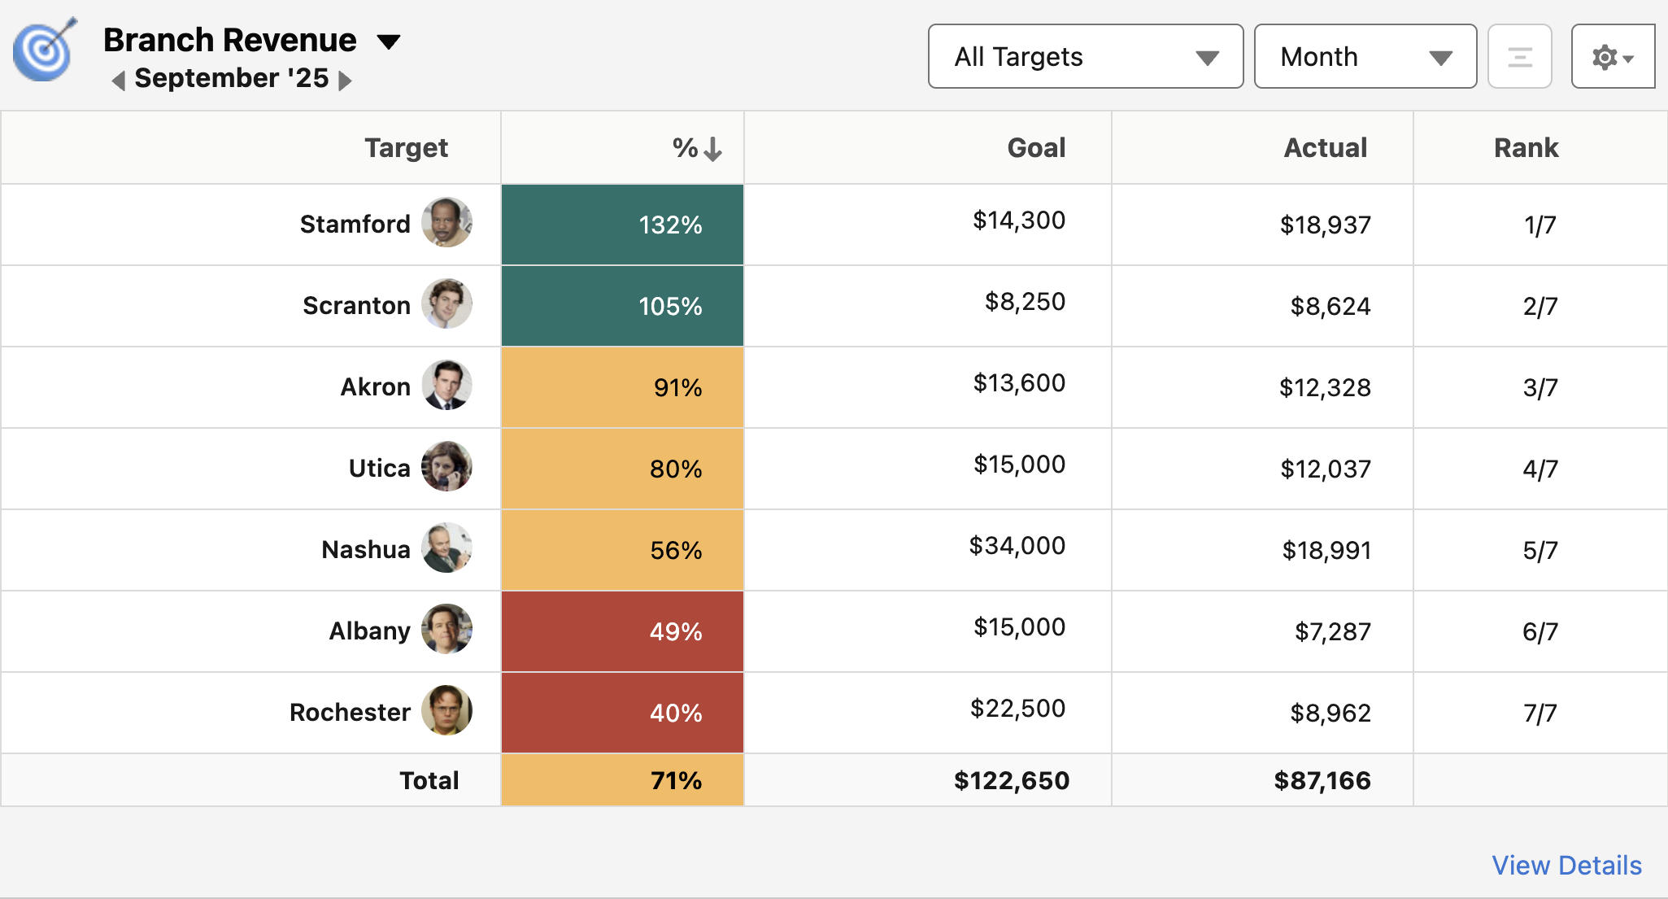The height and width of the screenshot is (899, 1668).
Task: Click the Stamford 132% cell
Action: [622, 225]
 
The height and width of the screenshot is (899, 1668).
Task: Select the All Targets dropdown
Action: [1085, 56]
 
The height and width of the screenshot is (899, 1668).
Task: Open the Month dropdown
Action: [1365, 56]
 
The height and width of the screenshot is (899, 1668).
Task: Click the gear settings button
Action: [1612, 57]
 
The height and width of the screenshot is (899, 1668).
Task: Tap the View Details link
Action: [1566, 865]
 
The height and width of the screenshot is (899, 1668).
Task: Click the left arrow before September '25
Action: [119, 80]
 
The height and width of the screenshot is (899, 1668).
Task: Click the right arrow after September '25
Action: [345, 80]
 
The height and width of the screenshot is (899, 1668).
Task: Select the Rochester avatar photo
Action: [446, 710]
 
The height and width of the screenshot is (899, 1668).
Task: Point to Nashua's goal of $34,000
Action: [1017, 545]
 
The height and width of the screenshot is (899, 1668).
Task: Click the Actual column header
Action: [1325, 147]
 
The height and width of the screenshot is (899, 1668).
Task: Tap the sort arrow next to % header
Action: [713, 149]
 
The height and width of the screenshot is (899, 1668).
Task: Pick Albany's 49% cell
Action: [622, 631]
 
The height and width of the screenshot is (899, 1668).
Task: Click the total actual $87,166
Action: [1322, 780]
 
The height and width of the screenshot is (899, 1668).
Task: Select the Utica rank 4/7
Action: [1540, 469]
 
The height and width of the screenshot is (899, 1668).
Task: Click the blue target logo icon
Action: [45, 50]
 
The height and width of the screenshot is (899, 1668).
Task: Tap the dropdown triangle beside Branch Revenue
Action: [389, 41]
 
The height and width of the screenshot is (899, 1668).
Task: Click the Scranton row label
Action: [356, 305]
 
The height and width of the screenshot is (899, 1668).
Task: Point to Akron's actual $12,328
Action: [1325, 387]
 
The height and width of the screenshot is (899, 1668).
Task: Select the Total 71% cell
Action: [622, 780]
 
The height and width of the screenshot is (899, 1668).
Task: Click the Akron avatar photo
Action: [446, 385]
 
